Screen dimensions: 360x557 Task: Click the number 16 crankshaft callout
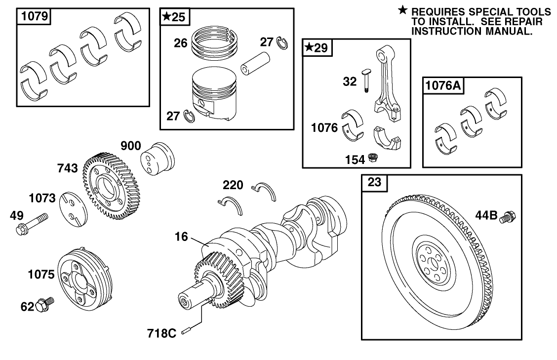[181, 237]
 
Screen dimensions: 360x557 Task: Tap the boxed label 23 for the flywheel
[375, 183]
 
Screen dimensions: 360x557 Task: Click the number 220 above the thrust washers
[233, 185]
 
